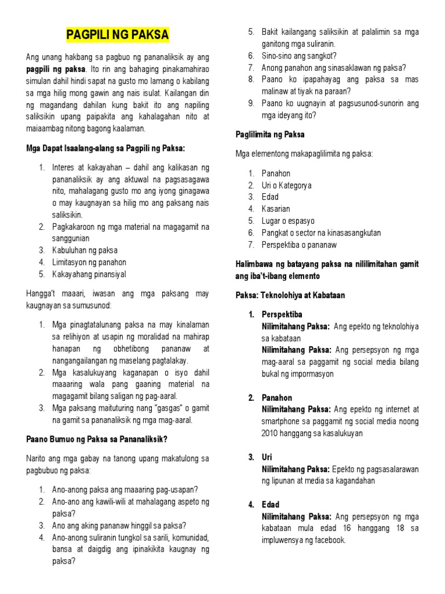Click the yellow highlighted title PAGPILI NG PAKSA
click(x=117, y=35)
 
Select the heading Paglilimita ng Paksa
click(x=270, y=135)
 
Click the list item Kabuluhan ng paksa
click(x=85, y=250)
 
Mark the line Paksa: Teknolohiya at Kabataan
click(x=290, y=295)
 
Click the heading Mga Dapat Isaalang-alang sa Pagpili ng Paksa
click(x=105, y=149)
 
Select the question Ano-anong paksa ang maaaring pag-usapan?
click(x=125, y=489)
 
